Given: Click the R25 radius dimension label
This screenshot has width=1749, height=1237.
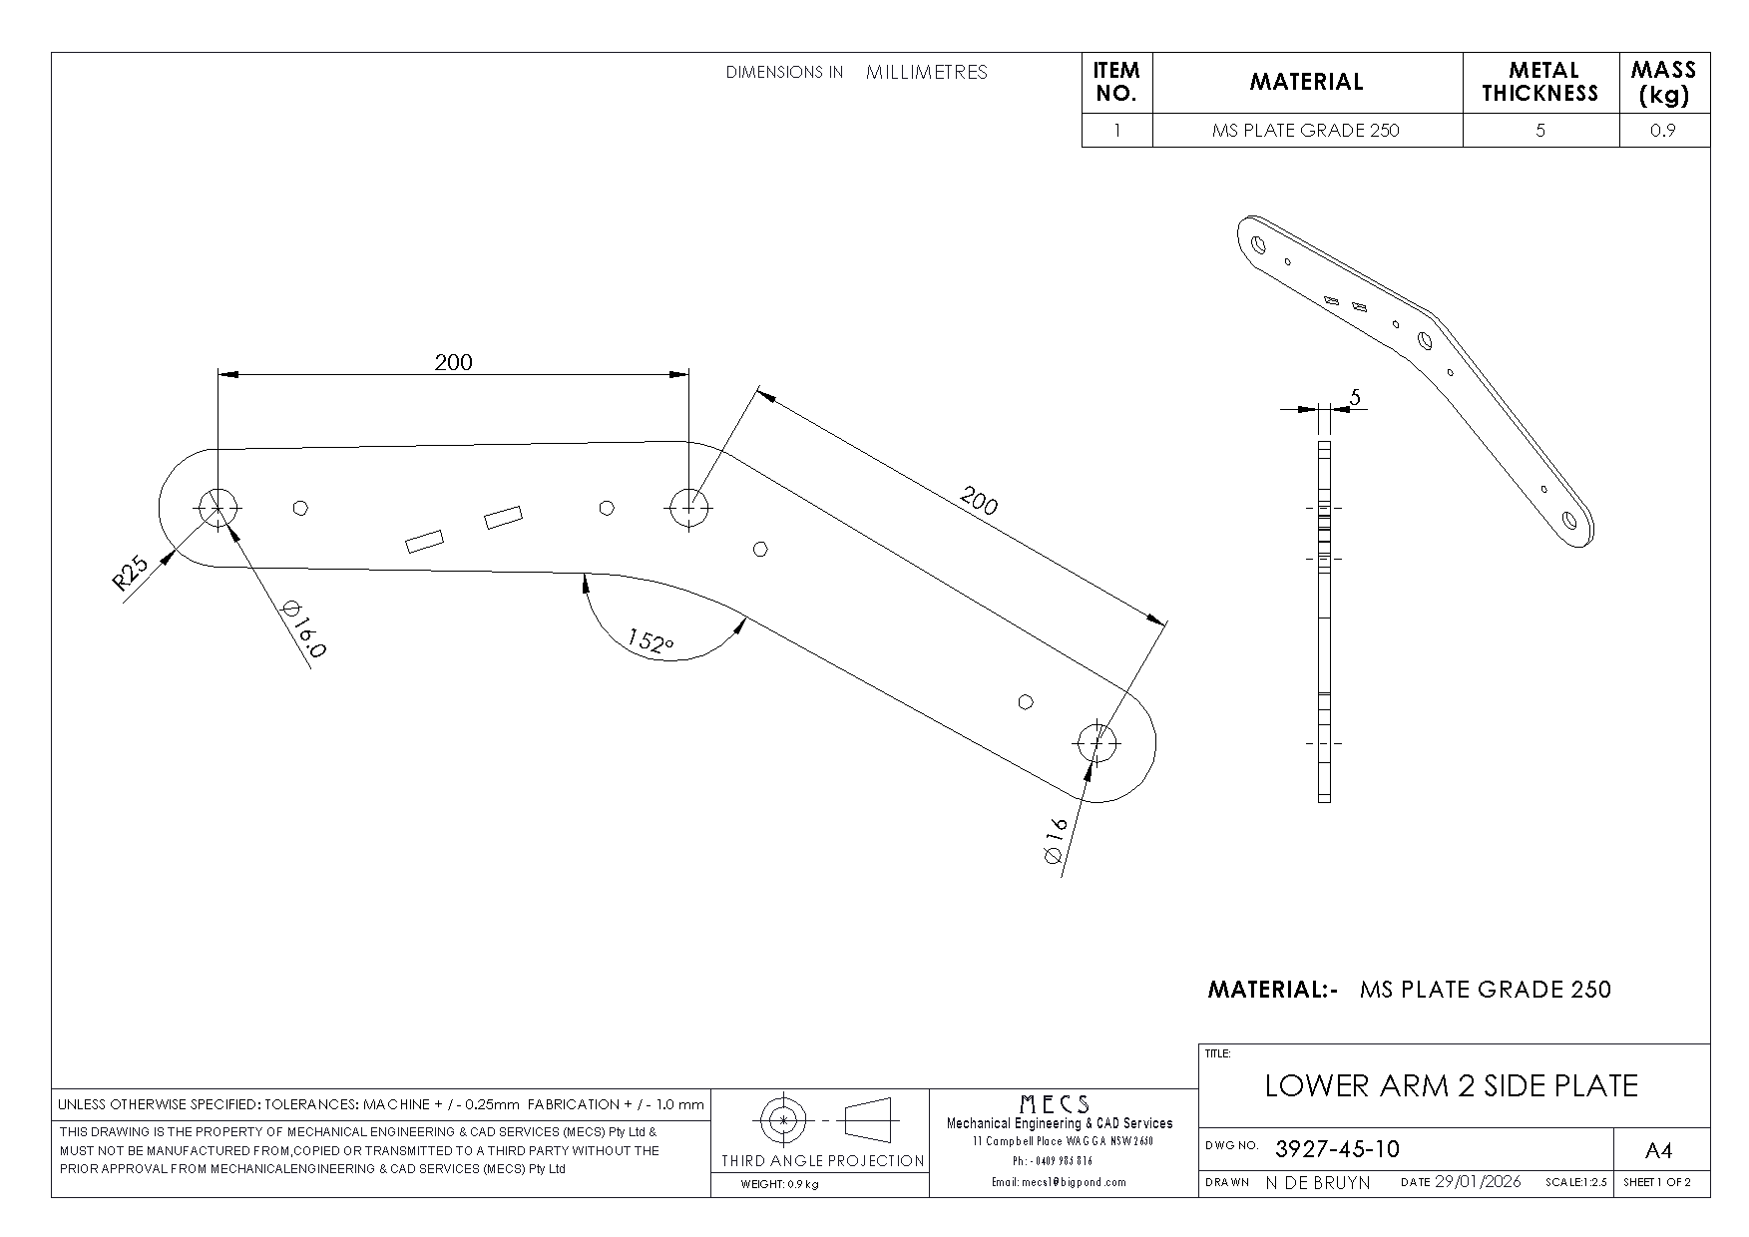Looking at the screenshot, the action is click(131, 574).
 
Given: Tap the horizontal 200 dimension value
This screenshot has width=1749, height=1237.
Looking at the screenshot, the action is click(453, 361).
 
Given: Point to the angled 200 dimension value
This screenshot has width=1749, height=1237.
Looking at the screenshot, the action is click(978, 500).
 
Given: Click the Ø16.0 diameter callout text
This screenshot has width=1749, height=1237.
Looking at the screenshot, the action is click(305, 628).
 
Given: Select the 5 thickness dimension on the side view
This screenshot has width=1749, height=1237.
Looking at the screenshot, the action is click(1354, 397).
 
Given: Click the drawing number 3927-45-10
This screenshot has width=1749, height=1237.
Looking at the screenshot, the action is click(1337, 1149).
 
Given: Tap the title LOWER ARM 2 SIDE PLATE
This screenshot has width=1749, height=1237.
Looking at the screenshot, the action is click(1452, 1085).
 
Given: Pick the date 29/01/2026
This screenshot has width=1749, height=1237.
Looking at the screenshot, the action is click(1478, 1182).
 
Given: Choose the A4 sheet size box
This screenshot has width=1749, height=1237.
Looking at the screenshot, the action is click(1657, 1151).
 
